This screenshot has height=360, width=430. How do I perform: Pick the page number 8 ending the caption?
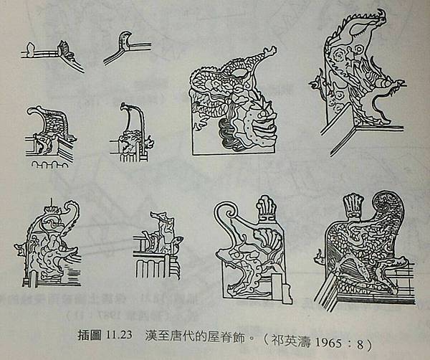pos(360,344)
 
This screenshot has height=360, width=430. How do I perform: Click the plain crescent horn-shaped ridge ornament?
pos(125,41)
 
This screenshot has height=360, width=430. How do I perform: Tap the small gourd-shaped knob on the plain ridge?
pos(30,48)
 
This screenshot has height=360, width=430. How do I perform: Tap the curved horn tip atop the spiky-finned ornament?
pos(381,15)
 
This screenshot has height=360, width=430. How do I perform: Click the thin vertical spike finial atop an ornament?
pos(52,203)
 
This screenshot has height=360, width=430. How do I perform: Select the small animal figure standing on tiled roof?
pos(162,232)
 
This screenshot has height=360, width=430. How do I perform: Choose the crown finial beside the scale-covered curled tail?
pos(353,205)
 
